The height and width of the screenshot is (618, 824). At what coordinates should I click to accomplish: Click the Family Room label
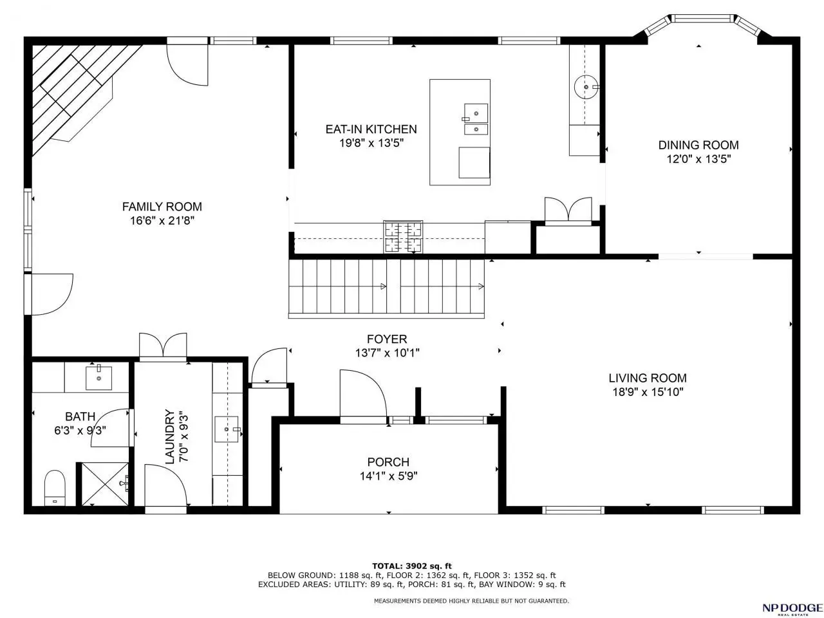tap(162, 207)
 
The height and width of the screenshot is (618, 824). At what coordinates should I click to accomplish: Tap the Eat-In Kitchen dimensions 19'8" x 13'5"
tap(371, 143)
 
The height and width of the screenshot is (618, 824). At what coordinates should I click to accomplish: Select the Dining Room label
tap(698, 145)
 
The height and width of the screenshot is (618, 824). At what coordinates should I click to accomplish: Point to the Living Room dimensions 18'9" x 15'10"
tap(648, 392)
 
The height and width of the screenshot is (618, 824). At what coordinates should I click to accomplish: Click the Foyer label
tap(387, 339)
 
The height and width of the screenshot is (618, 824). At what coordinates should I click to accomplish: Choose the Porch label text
tap(388, 462)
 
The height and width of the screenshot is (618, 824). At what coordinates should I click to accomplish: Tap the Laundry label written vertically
tap(170, 436)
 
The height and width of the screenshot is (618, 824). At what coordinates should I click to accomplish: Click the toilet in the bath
tap(55, 488)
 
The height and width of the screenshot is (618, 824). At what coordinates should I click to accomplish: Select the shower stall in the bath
tap(105, 484)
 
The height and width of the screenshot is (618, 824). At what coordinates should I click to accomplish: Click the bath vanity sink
tap(98, 377)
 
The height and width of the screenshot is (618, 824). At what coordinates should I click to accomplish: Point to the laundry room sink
tap(227, 429)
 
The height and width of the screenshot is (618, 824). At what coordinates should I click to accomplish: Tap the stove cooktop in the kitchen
tap(403, 237)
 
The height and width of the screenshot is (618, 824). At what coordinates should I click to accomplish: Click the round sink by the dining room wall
tap(586, 87)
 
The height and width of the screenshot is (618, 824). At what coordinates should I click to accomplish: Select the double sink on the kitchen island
tap(476, 119)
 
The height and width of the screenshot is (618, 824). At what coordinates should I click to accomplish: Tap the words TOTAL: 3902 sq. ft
tap(411, 566)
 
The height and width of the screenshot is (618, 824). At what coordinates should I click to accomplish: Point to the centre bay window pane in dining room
tap(702, 18)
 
